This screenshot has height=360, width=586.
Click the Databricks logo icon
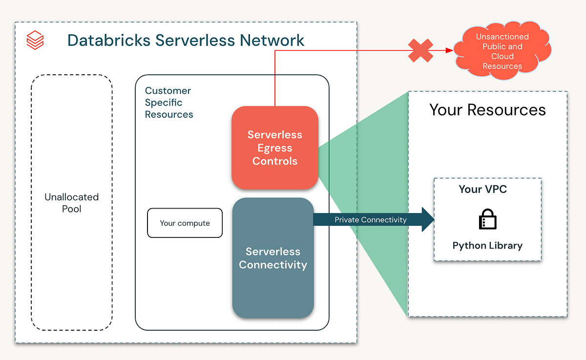(35, 40)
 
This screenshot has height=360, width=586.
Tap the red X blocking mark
(421, 51)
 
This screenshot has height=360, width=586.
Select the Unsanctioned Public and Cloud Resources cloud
(502, 51)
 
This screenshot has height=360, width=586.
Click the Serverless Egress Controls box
(274, 148)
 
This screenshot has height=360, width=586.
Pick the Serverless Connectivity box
(272, 258)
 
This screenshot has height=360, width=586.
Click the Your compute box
(185, 223)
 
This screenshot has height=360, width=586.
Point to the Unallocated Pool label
(71, 203)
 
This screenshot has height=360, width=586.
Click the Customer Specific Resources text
(168, 103)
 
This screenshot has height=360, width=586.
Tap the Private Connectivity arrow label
(370, 220)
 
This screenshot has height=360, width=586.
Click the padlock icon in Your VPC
(487, 219)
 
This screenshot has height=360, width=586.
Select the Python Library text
(487, 245)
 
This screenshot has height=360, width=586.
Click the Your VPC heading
(482, 189)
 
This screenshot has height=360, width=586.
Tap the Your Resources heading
(487, 109)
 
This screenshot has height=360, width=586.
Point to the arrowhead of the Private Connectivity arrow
(428, 219)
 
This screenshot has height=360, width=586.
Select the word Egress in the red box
(274, 148)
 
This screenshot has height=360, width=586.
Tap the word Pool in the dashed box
(71, 209)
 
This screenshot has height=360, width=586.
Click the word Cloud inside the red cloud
(502, 56)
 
